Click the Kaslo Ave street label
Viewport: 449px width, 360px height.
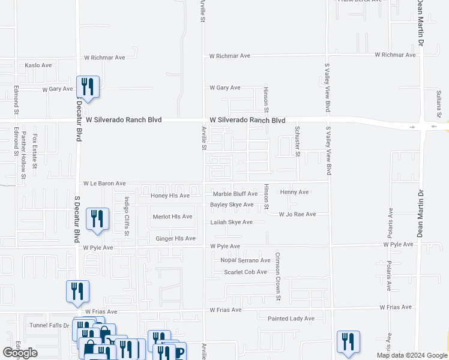point(38,65)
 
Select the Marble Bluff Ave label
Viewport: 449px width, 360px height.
point(235,194)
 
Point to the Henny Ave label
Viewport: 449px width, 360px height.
point(294,192)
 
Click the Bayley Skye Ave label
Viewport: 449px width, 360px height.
point(231,205)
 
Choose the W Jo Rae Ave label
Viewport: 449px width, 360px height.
point(297,214)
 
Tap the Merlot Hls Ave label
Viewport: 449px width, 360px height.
point(172,217)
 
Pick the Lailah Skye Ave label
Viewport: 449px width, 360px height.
point(231,222)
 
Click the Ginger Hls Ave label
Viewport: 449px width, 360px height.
point(175,239)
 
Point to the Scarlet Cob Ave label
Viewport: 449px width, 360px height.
point(245,272)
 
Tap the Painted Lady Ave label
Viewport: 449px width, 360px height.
point(291,319)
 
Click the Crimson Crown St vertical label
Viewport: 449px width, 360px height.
point(278,276)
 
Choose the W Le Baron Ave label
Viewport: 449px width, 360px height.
point(104,183)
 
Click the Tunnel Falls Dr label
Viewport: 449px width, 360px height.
point(50,325)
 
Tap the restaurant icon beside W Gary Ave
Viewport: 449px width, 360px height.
point(88,86)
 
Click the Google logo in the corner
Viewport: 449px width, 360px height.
point(20,353)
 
